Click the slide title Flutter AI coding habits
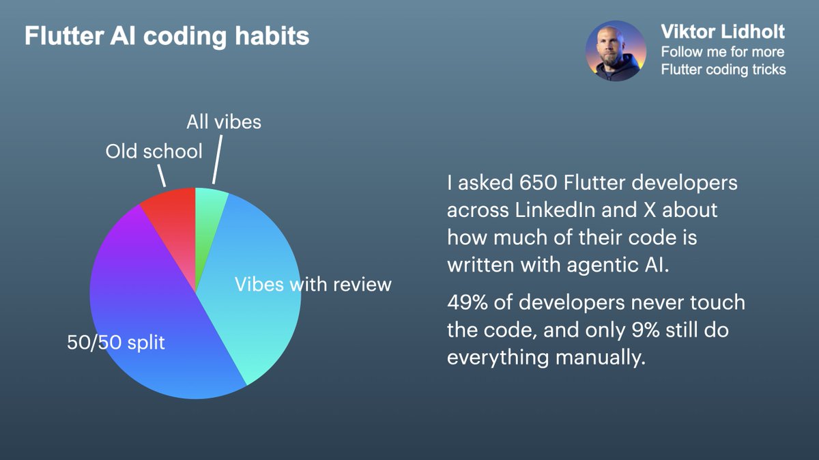[167, 36]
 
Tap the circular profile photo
[616, 51]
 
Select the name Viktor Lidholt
[723, 31]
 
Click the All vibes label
[224, 121]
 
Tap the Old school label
[154, 151]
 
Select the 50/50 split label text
[116, 342]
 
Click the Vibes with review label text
[313, 284]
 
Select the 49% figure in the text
[468, 302]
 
